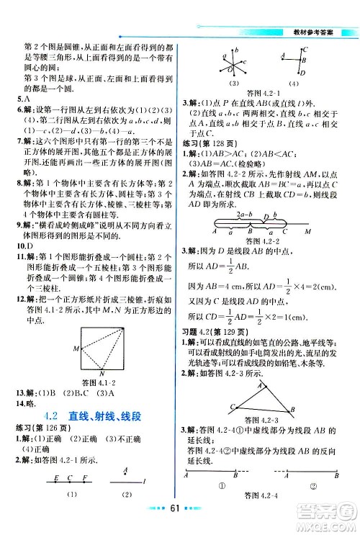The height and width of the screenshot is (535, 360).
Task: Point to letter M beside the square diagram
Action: coord(75,349)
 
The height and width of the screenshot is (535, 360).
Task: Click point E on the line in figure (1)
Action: coord(55,478)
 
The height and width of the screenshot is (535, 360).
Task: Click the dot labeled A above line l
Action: coord(127,473)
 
